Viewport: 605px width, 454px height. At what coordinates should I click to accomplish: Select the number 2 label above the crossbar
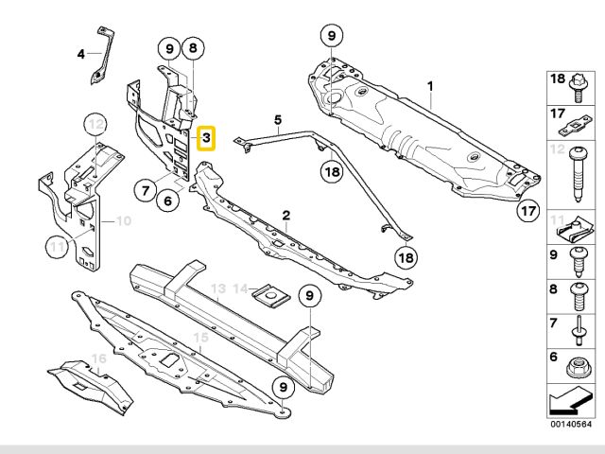click(x=285, y=217)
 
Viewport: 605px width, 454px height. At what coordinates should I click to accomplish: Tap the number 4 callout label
click(x=81, y=54)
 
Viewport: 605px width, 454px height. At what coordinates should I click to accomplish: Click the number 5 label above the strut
click(x=279, y=120)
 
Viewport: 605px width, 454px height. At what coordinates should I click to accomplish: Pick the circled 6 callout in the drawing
click(x=167, y=201)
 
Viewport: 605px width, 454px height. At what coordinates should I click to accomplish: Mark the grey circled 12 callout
click(x=95, y=122)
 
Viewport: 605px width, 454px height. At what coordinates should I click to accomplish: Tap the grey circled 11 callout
click(x=58, y=249)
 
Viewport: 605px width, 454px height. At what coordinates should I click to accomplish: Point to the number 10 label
click(x=124, y=222)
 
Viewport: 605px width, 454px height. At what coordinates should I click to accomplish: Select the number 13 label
click(x=218, y=288)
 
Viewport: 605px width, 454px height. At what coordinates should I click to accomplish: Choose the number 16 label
click(x=96, y=359)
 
